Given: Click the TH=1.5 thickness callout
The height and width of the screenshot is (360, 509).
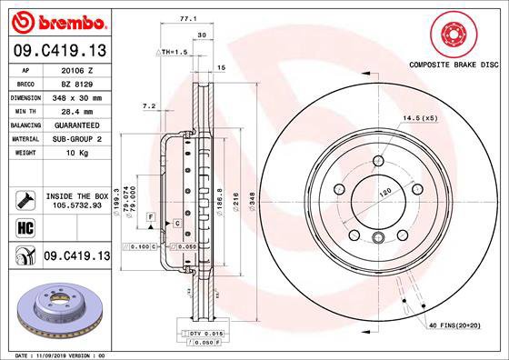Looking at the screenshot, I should [x=175, y=53].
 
